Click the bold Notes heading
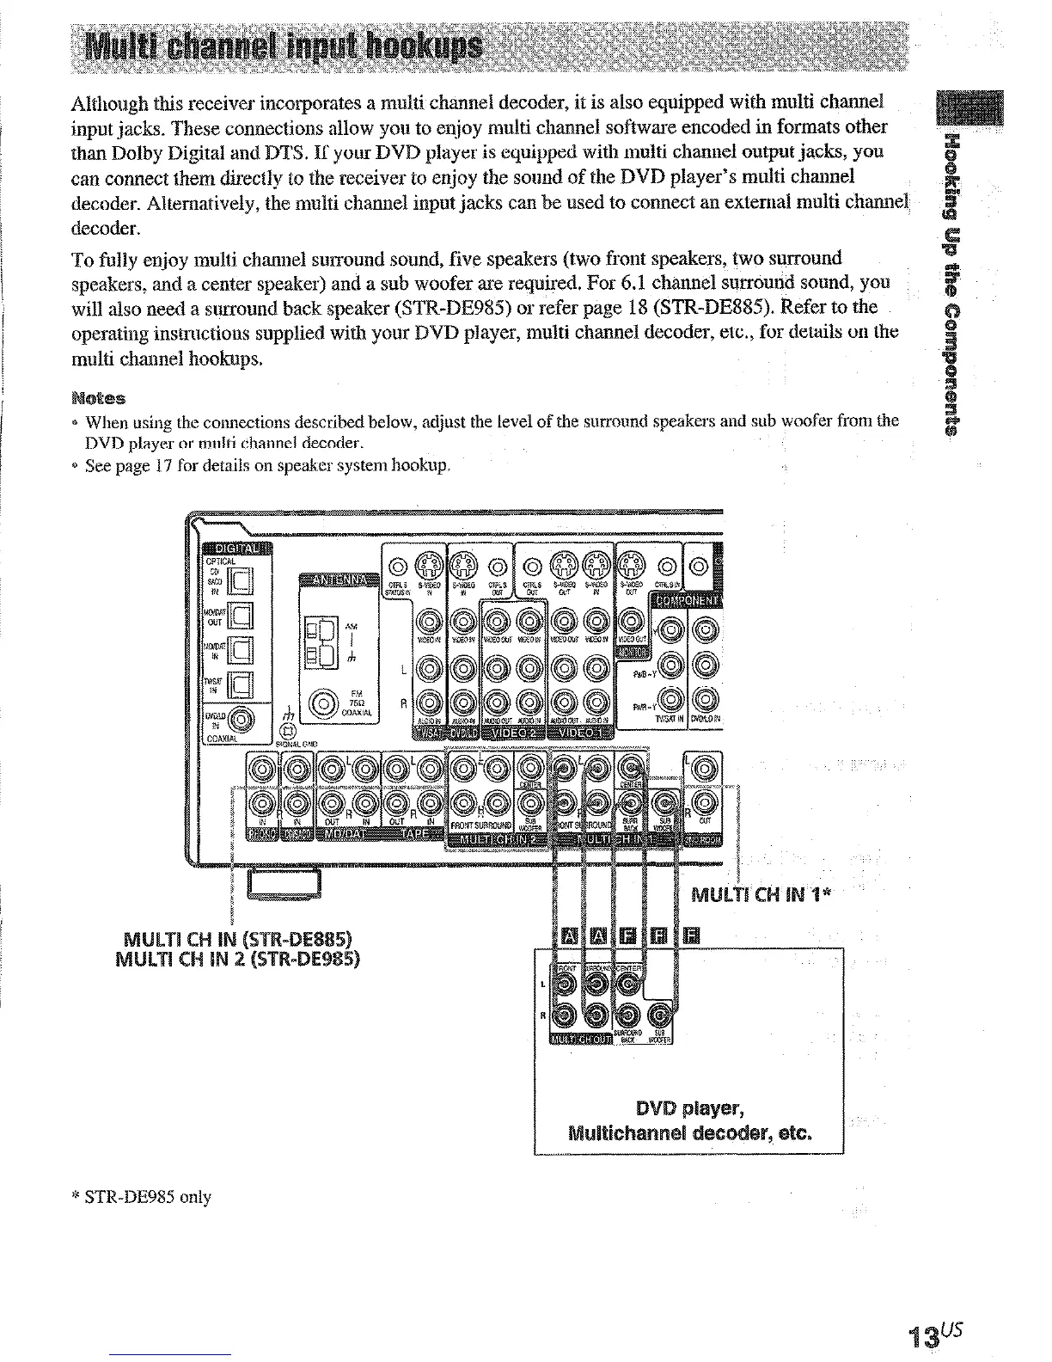(99, 398)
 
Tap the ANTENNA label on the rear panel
(339, 580)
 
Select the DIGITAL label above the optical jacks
(235, 549)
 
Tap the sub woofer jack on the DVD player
(660, 1015)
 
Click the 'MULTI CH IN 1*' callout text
(760, 895)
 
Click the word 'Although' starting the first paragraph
(107, 103)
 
